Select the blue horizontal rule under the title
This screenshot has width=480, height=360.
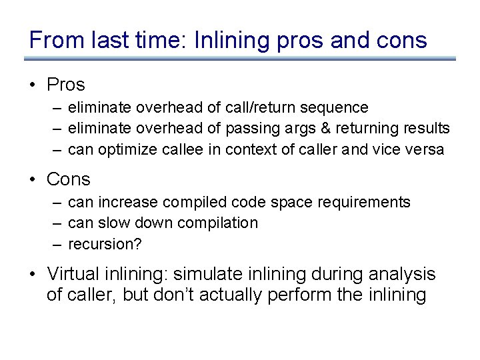[240, 59]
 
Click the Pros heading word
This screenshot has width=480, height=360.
[66, 85]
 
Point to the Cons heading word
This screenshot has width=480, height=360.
[68, 179]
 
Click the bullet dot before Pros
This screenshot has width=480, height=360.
[33, 85]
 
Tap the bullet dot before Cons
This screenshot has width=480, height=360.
[33, 179]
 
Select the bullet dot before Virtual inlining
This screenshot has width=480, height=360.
[33, 274]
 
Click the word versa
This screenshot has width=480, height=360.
[425, 149]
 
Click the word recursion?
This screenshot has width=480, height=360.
[105, 244]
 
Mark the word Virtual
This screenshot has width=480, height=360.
[72, 274]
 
